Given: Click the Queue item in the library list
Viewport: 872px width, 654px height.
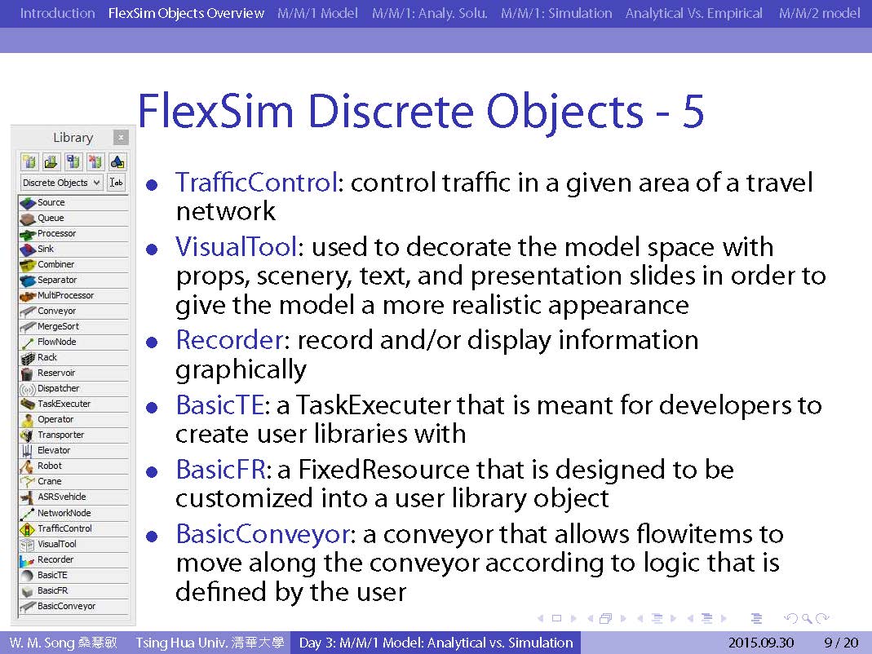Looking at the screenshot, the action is point(73,218).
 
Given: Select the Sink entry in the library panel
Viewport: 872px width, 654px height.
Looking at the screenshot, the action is point(73,250).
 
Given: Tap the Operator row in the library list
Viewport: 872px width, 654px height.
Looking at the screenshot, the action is point(73,419).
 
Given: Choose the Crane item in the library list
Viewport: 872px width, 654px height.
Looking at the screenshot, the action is point(73,482).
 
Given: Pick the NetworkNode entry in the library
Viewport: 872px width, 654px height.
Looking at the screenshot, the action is point(73,513).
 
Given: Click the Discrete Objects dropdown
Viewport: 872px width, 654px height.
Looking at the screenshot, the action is point(62,183).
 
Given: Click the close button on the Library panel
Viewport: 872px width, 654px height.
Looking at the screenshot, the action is point(121,137).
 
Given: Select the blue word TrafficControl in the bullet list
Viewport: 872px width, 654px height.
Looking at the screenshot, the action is point(256,183).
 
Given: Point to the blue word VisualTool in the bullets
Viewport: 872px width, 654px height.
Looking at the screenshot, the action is point(237,246).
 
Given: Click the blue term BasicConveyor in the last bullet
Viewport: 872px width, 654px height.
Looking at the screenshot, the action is point(263,534).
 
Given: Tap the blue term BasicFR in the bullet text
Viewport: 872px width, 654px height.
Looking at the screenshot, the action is point(221,470).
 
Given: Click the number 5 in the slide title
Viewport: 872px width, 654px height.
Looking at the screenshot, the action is point(693,111).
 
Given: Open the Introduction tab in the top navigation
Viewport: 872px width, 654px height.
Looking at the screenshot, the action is point(57,13).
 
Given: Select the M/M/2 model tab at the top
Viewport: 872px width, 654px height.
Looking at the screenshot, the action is point(819,13).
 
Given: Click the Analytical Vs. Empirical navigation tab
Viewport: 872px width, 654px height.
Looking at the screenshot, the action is point(693,13).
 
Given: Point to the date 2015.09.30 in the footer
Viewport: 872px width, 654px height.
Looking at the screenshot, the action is point(761,643).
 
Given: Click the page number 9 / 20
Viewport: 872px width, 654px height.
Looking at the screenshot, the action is point(842,643).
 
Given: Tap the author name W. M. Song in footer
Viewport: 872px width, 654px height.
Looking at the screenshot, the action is point(42,643).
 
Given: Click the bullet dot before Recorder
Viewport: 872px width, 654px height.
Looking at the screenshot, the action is point(152,342).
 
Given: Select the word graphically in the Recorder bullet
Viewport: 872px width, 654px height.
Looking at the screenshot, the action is point(241,370).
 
